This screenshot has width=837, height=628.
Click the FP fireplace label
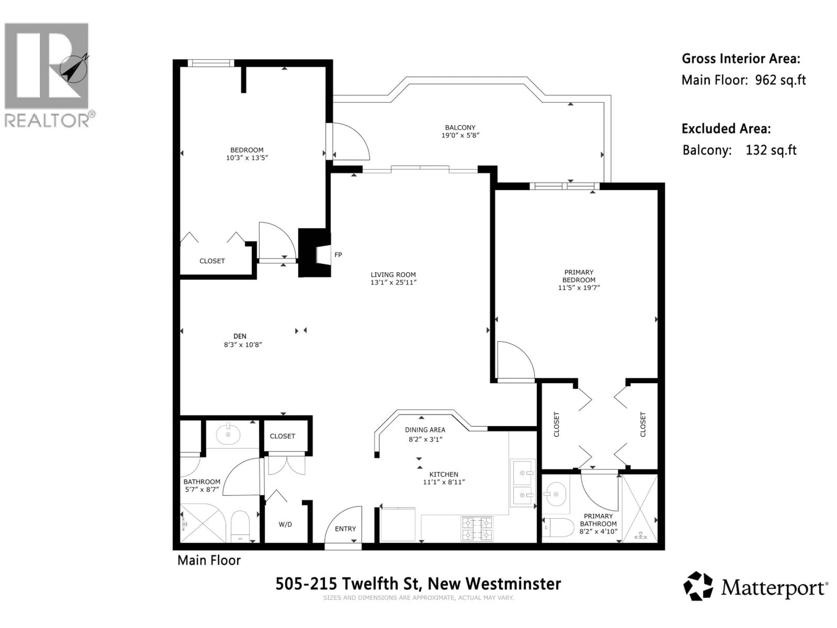click(x=338, y=255)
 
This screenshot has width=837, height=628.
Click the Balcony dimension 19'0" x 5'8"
click(x=460, y=135)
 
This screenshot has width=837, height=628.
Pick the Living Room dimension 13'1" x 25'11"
click(x=393, y=282)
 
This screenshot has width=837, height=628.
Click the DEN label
click(x=240, y=336)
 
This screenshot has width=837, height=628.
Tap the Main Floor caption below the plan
click(x=209, y=560)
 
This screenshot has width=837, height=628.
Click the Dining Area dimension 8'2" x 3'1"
click(x=425, y=439)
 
